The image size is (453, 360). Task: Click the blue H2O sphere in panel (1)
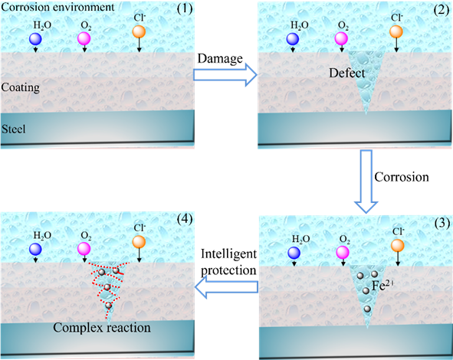(x=35, y=39)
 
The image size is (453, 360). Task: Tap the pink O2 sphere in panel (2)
(x=341, y=39)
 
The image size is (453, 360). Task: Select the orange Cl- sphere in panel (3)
(x=398, y=246)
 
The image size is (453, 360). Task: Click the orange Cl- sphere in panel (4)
(x=139, y=242)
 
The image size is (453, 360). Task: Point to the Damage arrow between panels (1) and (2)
(x=225, y=75)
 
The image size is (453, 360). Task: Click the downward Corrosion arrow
(x=366, y=182)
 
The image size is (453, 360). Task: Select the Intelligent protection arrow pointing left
(x=227, y=286)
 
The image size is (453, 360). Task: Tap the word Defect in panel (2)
(x=347, y=73)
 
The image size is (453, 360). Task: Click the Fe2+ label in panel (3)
(x=382, y=286)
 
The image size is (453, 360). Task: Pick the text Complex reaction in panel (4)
(x=102, y=328)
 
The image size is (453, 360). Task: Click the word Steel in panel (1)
(x=14, y=129)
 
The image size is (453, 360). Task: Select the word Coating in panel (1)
(x=20, y=87)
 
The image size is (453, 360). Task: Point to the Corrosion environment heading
(x=57, y=7)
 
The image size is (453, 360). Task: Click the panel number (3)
(x=442, y=223)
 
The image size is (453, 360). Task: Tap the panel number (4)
(x=185, y=219)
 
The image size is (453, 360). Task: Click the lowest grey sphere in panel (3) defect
(x=367, y=309)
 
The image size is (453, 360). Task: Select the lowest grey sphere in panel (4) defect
(x=108, y=305)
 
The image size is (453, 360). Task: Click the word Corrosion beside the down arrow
(x=402, y=177)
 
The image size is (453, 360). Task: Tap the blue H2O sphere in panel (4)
(x=35, y=249)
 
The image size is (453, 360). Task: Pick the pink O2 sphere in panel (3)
(x=343, y=253)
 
